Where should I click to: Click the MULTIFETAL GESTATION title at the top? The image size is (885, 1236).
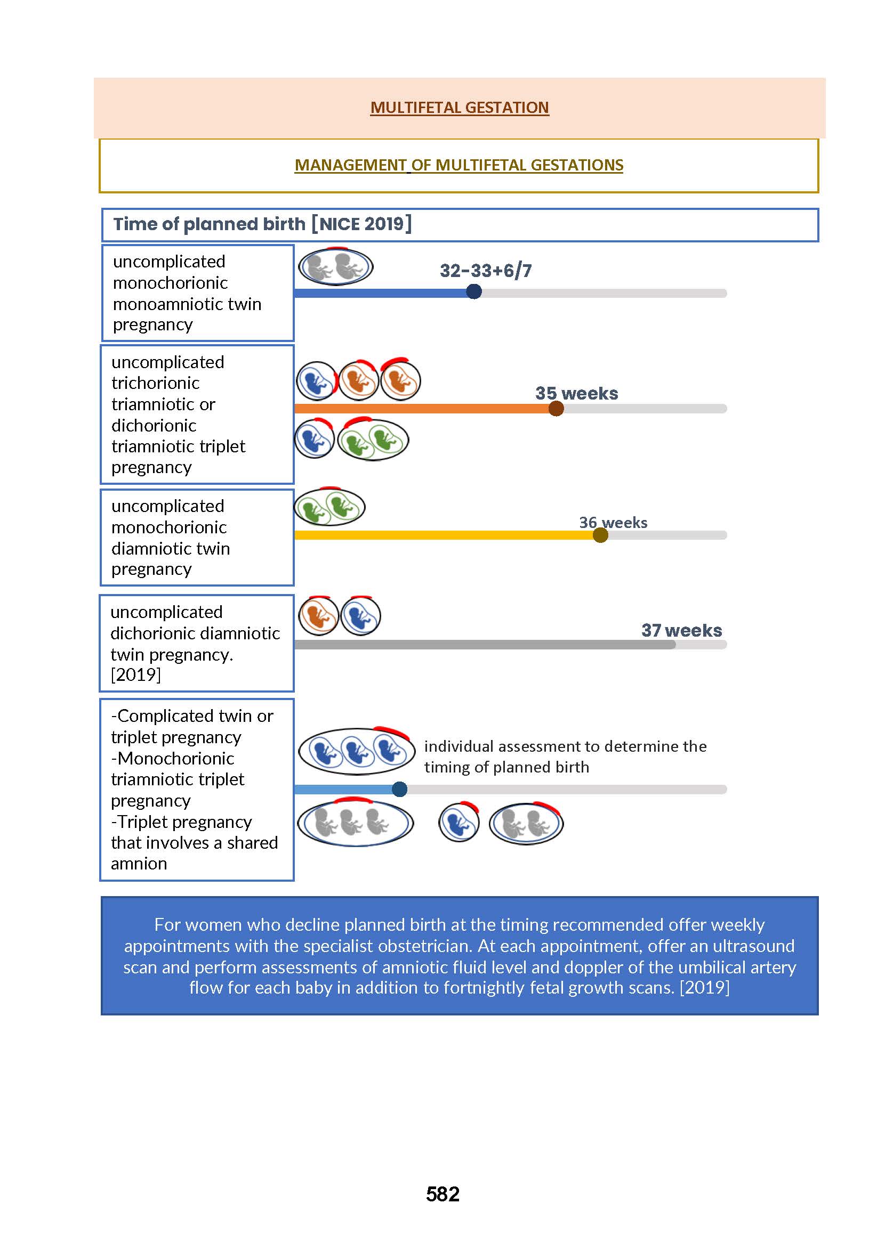click(460, 107)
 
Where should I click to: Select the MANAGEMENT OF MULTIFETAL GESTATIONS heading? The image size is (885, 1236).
click(459, 165)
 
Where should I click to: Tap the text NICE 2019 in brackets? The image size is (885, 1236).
click(361, 224)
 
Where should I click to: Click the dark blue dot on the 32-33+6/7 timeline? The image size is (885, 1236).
click(474, 292)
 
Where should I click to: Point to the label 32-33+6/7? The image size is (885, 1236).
click(486, 271)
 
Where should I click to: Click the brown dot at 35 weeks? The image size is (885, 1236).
click(556, 409)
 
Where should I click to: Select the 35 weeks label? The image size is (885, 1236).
click(576, 393)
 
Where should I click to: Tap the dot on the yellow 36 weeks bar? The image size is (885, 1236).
click(600, 535)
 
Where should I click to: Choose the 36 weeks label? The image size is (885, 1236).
click(613, 523)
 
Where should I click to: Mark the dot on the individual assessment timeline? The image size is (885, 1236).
click(399, 789)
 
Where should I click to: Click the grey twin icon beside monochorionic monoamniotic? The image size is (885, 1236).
click(336, 267)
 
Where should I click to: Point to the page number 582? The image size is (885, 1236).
click(442, 1194)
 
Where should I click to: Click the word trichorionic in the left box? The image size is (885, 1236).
click(155, 383)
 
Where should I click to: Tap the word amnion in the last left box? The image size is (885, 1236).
click(139, 864)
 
